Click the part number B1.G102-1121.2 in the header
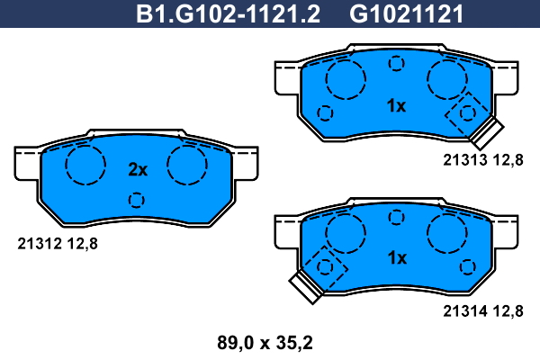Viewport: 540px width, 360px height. [228, 14]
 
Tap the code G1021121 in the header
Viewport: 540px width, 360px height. [407, 14]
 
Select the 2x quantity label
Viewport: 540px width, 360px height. [138, 169]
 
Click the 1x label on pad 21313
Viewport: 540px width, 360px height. [397, 106]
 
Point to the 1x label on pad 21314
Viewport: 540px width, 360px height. [397, 257]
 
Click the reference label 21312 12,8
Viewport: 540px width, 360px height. [58, 244]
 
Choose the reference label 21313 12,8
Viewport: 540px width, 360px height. [483, 160]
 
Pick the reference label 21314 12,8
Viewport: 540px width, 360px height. [483, 311]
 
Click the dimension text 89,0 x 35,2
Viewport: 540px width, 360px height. [265, 343]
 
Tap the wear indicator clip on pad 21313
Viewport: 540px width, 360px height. [487, 132]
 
